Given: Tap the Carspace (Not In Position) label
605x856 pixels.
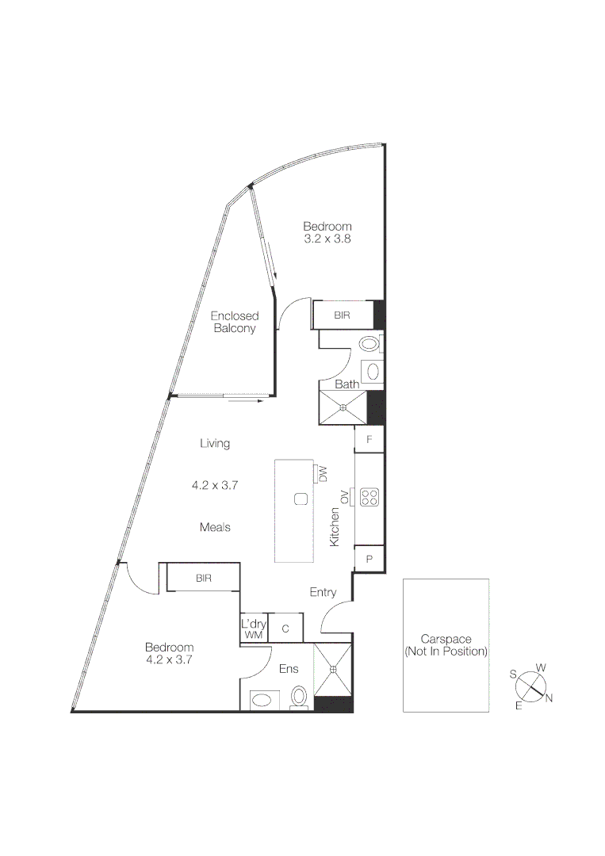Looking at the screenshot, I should (x=445, y=644).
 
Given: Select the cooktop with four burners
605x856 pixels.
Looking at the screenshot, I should (x=370, y=497).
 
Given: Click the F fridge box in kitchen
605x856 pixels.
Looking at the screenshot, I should (x=370, y=438).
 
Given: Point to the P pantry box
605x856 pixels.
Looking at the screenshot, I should (x=370, y=558).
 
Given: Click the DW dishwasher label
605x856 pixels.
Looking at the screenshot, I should (x=323, y=474).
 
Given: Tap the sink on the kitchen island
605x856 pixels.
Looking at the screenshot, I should (x=301, y=499).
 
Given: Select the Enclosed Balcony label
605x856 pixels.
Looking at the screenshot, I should (x=234, y=322).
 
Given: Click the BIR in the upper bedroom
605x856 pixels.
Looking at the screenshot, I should (x=343, y=315).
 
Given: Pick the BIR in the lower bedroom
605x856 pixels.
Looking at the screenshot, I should (x=204, y=578).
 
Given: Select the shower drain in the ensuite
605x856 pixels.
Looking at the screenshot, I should (x=333, y=669).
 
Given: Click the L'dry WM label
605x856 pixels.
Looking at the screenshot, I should (x=254, y=629).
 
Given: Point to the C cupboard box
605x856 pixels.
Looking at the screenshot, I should (x=285, y=629).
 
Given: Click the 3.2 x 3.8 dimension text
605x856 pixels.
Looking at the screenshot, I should (x=327, y=238).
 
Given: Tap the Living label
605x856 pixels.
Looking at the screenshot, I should (x=215, y=443).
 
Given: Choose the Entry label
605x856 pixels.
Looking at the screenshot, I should (x=323, y=592).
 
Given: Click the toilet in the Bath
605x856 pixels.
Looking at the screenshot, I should (x=370, y=345).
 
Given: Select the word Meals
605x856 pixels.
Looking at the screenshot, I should (x=216, y=527).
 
